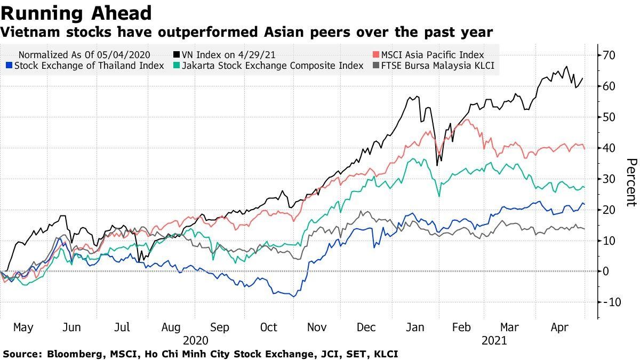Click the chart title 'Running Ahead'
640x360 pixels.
tap(76, 13)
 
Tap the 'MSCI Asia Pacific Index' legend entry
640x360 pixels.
tap(433, 54)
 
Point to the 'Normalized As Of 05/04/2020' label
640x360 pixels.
tap(84, 54)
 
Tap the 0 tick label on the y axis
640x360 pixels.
tap(606, 271)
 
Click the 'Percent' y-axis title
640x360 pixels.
tap(631, 182)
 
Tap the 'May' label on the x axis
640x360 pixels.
tap(22, 327)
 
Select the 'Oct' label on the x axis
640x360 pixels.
tap(269, 327)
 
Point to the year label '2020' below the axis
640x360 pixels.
tap(195, 340)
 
